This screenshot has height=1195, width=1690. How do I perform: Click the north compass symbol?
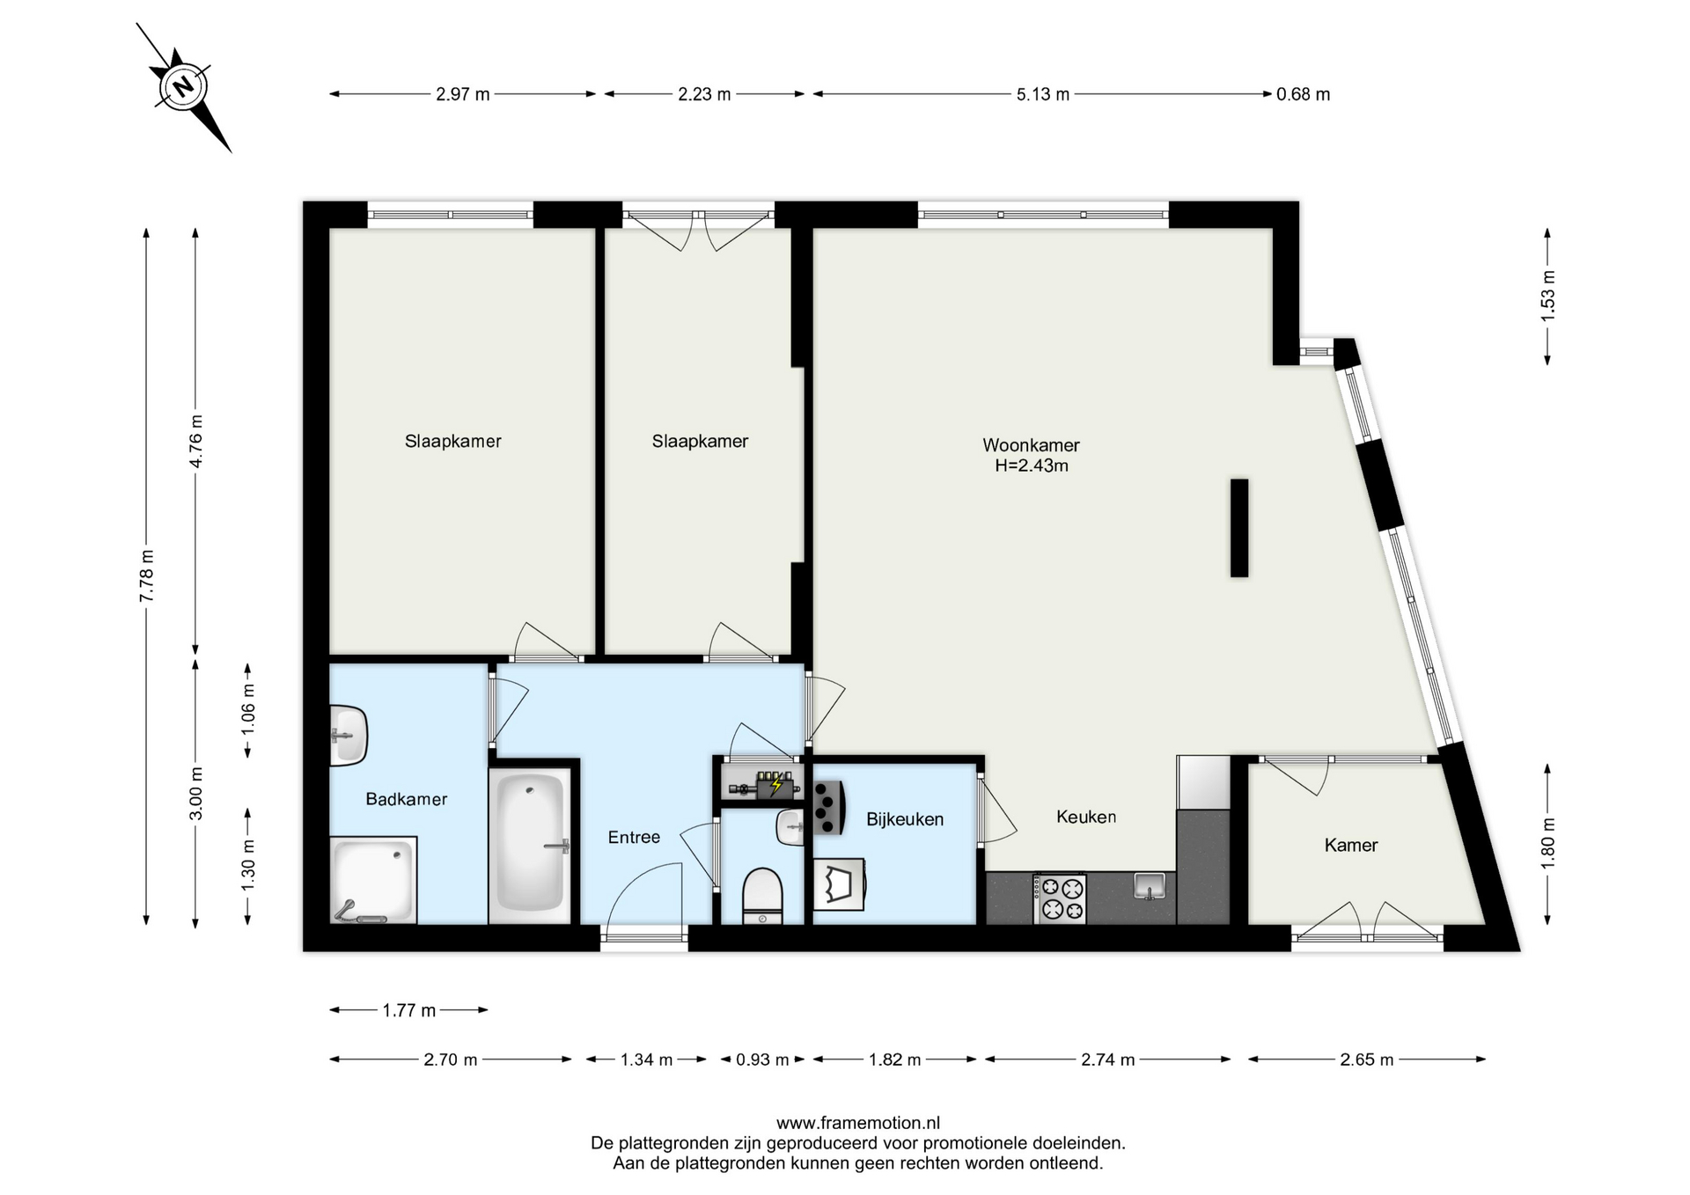pos(183,87)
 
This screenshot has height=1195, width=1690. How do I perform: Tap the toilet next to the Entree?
pos(762,896)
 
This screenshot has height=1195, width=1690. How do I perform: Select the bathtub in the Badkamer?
pos(530,844)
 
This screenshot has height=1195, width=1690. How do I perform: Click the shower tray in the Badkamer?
pos(373,880)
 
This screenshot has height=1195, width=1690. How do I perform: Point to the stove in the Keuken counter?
pos(1060,898)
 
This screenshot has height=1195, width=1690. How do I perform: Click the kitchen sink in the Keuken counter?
pos(1149,885)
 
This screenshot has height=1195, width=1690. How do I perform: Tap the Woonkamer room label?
pos(1031,445)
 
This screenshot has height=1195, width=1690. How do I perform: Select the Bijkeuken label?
pos(905,819)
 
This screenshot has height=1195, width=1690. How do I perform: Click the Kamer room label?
pos(1351,846)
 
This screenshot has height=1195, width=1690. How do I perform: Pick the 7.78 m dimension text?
pos(147,576)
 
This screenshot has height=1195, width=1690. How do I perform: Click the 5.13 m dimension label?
pos(1043,94)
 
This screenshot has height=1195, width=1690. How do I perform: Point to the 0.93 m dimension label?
pos(762,1059)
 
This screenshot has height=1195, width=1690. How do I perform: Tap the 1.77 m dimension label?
pos(408,1010)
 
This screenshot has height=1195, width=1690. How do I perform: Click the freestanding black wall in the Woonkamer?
pos(1239,528)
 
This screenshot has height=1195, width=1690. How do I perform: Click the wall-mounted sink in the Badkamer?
pos(349,735)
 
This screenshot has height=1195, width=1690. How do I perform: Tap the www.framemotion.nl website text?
pos(858,1123)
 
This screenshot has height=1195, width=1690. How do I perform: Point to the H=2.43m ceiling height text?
pos(1032,466)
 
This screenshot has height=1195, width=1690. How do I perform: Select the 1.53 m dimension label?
pos(1547,296)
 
